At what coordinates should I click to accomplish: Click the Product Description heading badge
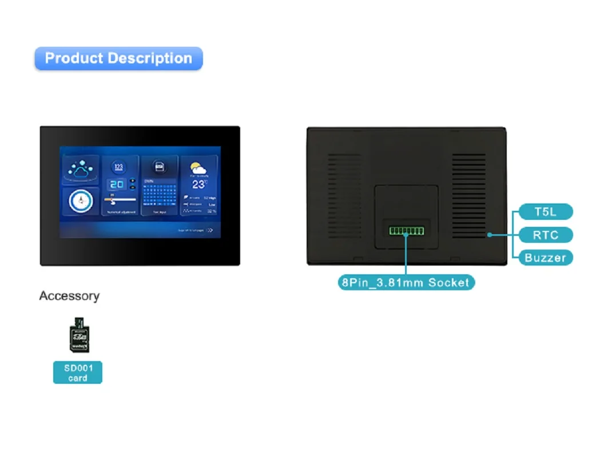click(118, 58)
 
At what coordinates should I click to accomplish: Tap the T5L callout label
click(545, 212)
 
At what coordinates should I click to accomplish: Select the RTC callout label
click(545, 235)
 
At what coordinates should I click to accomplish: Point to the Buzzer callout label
click(545, 258)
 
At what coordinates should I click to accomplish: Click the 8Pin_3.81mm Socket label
click(406, 282)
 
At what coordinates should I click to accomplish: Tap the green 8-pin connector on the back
click(406, 231)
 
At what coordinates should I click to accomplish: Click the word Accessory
click(69, 296)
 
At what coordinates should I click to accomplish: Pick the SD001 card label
click(78, 373)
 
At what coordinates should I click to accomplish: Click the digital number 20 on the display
click(117, 184)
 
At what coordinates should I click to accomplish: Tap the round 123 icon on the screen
click(119, 167)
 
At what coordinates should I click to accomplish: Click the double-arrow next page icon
click(209, 231)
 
